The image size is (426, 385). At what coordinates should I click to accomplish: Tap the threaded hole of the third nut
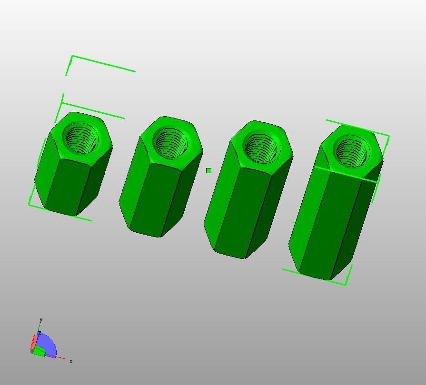click(261, 147)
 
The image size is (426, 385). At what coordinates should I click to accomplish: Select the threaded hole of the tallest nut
click(352, 151)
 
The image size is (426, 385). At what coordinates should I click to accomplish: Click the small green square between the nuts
click(208, 170)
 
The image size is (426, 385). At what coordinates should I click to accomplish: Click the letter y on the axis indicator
click(41, 319)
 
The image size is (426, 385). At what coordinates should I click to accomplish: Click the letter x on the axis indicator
click(71, 361)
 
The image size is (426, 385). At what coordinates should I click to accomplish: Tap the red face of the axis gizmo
click(34, 342)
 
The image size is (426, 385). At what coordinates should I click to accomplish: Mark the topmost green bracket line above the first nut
click(102, 64)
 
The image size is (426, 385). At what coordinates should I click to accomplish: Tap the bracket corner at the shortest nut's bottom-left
click(29, 205)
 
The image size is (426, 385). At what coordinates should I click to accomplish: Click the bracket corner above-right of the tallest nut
click(389, 137)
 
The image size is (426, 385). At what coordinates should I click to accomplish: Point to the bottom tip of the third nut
click(245, 258)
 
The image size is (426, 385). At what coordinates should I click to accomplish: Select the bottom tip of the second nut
click(160, 237)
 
